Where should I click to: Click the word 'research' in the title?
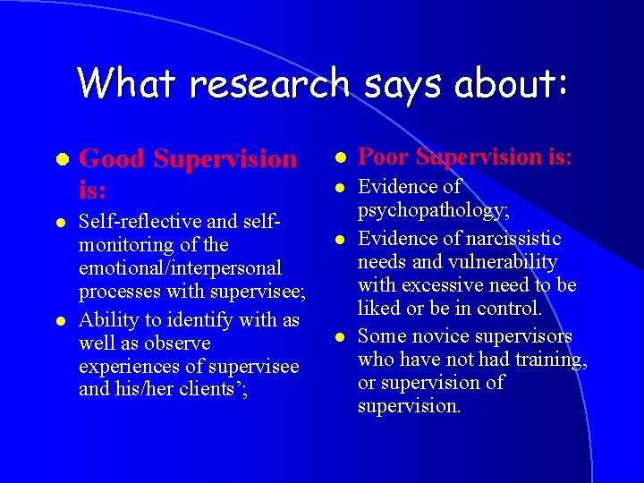pos(270,84)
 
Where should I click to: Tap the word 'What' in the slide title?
pos(126,83)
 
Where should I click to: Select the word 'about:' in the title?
pos(512,83)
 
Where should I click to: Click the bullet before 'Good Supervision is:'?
pos(61,159)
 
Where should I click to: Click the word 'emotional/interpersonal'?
pos(180,267)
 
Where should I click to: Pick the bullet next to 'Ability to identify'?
pos(61,320)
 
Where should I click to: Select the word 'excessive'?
pos(438,285)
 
